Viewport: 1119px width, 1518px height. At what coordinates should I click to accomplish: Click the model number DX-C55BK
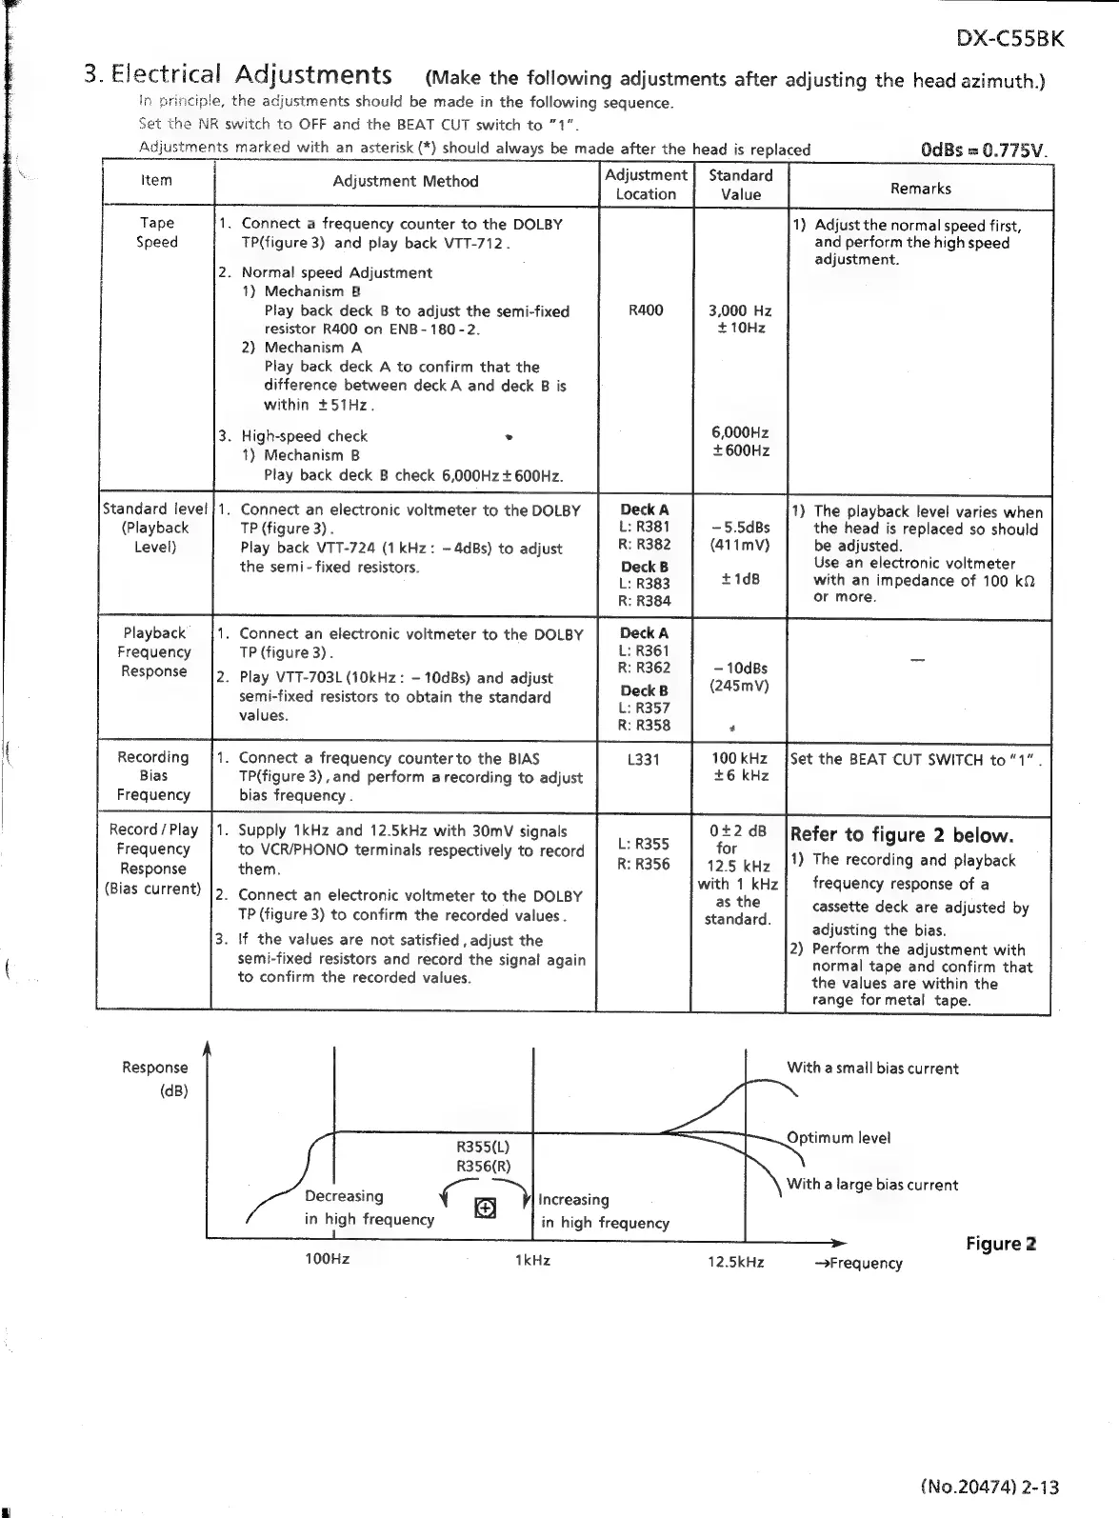pyautogui.click(x=1009, y=39)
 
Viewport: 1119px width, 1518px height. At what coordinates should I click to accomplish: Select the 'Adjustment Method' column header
pyautogui.click(x=406, y=181)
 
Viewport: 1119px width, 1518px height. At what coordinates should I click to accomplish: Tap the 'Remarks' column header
pyautogui.click(x=920, y=188)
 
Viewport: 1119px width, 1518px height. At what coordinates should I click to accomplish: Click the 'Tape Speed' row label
pyautogui.click(x=157, y=232)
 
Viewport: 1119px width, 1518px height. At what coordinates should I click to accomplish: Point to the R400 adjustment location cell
pyautogui.click(x=646, y=310)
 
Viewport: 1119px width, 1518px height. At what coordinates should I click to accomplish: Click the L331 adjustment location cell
pyautogui.click(x=644, y=760)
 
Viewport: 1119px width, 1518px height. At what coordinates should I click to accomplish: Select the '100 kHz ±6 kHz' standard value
pyautogui.click(x=740, y=768)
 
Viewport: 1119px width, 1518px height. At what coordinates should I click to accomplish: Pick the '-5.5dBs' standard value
pyautogui.click(x=740, y=528)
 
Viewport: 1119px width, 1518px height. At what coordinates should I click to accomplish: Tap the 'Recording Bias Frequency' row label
pyautogui.click(x=153, y=776)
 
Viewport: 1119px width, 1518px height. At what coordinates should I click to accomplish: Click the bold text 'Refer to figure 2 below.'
pyautogui.click(x=901, y=835)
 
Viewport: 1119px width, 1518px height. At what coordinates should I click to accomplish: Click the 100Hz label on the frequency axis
pyautogui.click(x=327, y=1259)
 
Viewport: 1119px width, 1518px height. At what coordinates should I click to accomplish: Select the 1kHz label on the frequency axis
pyautogui.click(x=531, y=1260)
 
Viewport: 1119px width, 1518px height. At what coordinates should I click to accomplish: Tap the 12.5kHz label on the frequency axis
pyautogui.click(x=735, y=1262)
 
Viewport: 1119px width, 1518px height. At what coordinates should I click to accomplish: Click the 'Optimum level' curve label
pyautogui.click(x=838, y=1138)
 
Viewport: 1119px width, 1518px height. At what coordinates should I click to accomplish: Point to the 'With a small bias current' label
pyautogui.click(x=872, y=1069)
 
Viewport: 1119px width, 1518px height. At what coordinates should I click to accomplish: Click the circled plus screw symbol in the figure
pyautogui.click(x=485, y=1208)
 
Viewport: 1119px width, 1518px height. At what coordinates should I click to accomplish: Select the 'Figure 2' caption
pyautogui.click(x=1001, y=1244)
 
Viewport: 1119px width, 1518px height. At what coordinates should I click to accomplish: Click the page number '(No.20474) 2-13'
pyautogui.click(x=989, y=1487)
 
